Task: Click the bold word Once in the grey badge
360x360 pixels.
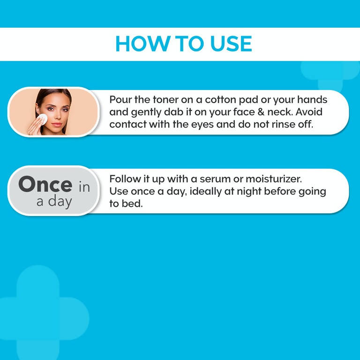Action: click(x=45, y=185)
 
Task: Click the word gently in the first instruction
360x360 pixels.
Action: click(x=146, y=113)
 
